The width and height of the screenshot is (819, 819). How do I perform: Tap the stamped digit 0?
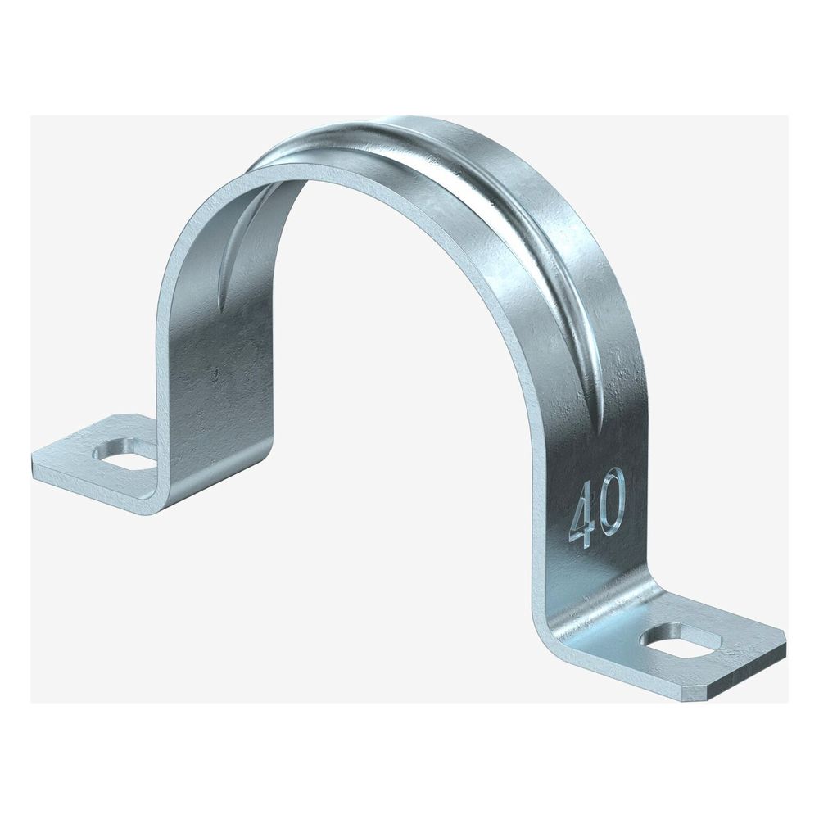click(611, 500)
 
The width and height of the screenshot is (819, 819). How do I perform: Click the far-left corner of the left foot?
click(34, 455)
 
